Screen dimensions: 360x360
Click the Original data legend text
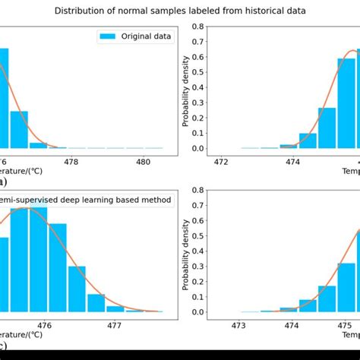pyautogui.click(x=147, y=36)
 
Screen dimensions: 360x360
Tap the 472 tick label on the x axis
pyautogui.click(x=222, y=161)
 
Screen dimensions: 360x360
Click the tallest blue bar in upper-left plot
pyautogui.click(x=4, y=99)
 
